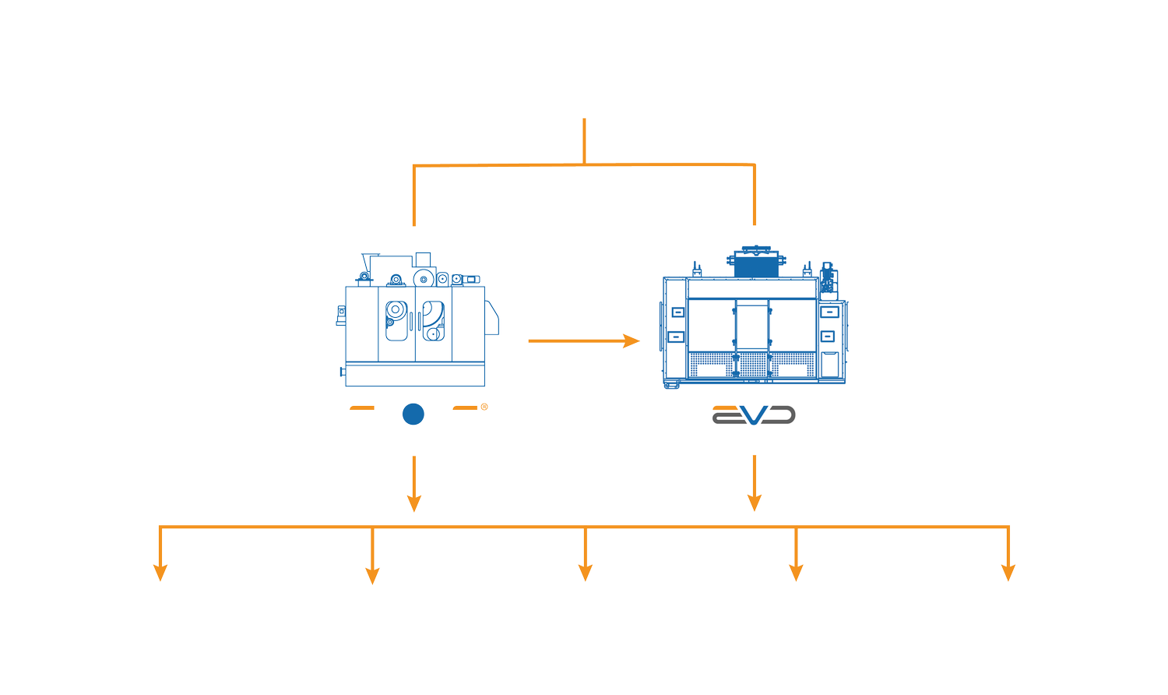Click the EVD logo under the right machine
pos(754,415)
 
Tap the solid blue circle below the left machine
pos(413,415)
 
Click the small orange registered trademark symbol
pos(484,407)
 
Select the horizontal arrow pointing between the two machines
pos(583,340)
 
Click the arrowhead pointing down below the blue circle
pos(414,503)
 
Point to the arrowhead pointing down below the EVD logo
pos(754,503)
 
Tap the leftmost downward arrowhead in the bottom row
pos(160,573)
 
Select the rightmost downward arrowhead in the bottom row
pos(1008,573)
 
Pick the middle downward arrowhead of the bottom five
pos(586,573)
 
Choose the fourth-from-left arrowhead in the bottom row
pos(796,573)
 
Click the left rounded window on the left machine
pos(396,320)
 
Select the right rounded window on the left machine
pos(433,320)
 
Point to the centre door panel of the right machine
pos(752,327)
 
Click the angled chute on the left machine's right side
pos(491,318)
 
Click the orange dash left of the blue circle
pos(362,407)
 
